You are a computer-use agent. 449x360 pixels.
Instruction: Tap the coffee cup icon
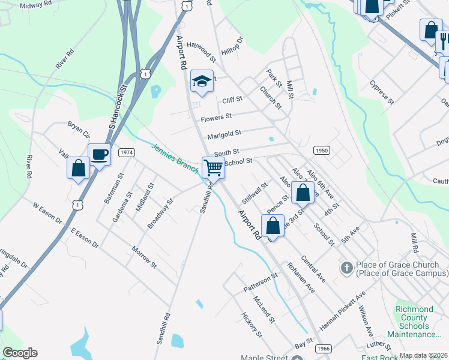point(99,154)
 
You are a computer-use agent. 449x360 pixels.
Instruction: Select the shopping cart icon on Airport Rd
point(214,167)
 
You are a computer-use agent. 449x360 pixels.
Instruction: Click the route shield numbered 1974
point(126,153)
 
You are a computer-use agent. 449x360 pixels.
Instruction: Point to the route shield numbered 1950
point(321,150)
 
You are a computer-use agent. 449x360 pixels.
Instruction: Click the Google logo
point(20,353)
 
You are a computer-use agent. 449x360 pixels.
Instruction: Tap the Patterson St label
point(261,283)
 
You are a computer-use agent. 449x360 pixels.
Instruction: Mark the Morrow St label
point(144,257)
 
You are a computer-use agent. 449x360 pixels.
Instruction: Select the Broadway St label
point(160,214)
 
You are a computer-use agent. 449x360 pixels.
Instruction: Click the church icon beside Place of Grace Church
point(346,268)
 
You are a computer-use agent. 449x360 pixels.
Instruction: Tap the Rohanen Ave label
point(301,277)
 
